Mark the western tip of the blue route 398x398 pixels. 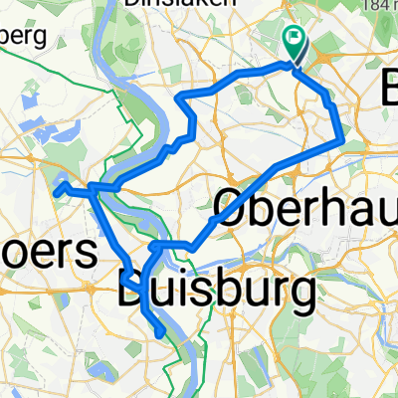click(56, 189)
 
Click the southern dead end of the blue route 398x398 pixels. click(161, 336)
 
